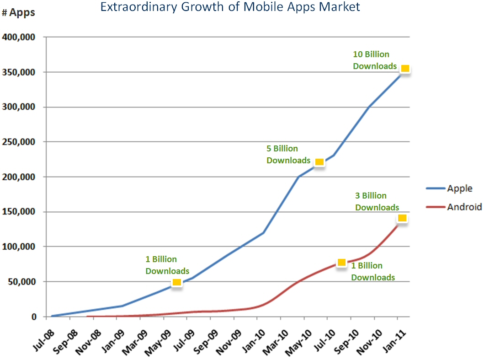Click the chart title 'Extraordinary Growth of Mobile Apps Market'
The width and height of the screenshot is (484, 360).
(x=230, y=7)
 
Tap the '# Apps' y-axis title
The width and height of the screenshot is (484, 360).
(x=18, y=13)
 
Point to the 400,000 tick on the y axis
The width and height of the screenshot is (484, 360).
(x=20, y=37)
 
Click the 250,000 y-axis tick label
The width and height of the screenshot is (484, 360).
(x=20, y=142)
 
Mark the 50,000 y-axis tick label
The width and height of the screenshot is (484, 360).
(x=22, y=282)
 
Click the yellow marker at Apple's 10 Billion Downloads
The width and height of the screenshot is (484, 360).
(x=404, y=69)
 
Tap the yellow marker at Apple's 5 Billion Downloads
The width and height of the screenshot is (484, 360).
(x=319, y=162)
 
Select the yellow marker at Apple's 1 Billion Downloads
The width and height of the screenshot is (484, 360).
(x=177, y=282)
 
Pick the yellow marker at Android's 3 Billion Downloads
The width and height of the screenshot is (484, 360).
(x=402, y=218)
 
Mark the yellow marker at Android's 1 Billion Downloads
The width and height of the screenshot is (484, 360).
(x=341, y=262)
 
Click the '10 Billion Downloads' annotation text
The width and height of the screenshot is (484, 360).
(x=374, y=60)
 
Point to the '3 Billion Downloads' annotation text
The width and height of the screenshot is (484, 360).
(x=377, y=202)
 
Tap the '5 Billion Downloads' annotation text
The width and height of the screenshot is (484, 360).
(x=288, y=155)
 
